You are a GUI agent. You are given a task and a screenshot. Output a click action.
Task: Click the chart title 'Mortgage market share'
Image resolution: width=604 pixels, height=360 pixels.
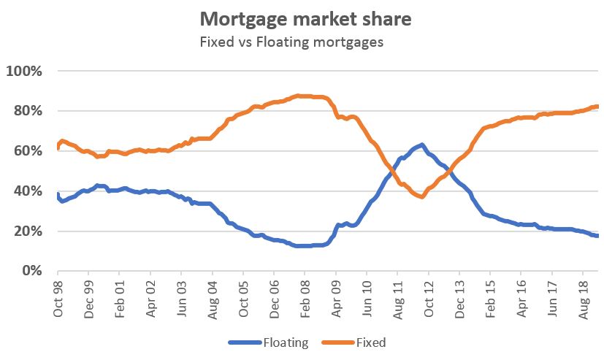click(305, 19)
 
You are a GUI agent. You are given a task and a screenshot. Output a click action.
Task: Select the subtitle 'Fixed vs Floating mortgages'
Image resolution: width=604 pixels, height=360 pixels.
click(291, 42)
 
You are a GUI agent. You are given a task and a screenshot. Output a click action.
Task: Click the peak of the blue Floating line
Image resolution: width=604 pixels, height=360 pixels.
click(421, 145)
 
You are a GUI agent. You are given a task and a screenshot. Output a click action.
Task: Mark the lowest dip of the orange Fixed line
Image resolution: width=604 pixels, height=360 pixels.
click(421, 197)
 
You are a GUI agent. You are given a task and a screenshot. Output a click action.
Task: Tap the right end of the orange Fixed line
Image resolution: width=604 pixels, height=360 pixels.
click(598, 107)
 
